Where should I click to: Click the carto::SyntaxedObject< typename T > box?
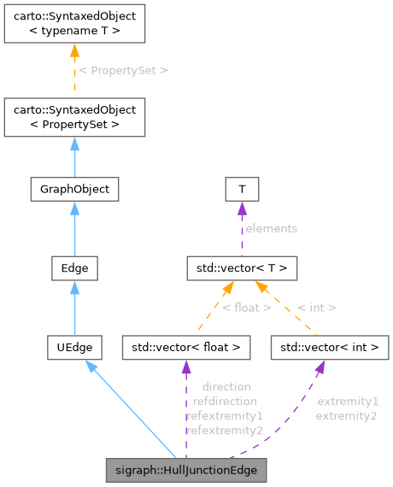[x=73, y=24]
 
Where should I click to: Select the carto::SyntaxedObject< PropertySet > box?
[x=73, y=117]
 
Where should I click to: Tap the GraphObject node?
[x=73, y=188]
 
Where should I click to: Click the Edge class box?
[x=73, y=268]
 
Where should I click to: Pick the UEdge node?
[x=73, y=347]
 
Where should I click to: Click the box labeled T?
[x=242, y=188]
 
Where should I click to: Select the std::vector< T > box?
[x=242, y=268]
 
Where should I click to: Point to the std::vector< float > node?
[x=186, y=347]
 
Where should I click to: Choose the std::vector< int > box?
[x=330, y=347]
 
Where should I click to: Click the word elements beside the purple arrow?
[x=272, y=228]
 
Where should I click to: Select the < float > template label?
[x=246, y=308]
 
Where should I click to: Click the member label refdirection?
[x=225, y=400]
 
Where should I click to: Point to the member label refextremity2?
[x=225, y=430]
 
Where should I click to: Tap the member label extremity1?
[x=347, y=401]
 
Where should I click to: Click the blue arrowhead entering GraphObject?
[x=73, y=208]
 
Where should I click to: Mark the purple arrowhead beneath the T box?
[x=242, y=208]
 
